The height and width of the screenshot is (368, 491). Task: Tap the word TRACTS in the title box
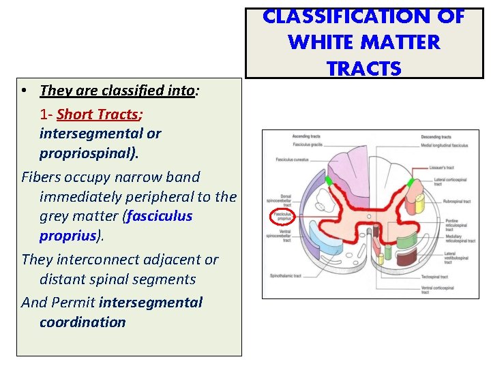364,69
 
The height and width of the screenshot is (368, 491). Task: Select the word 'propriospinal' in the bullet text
87,153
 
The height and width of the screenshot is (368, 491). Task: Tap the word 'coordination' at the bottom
83,322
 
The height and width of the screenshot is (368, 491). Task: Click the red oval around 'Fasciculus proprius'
282,217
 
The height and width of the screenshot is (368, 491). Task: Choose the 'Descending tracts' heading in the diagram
436,137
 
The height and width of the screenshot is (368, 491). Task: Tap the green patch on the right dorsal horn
411,182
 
